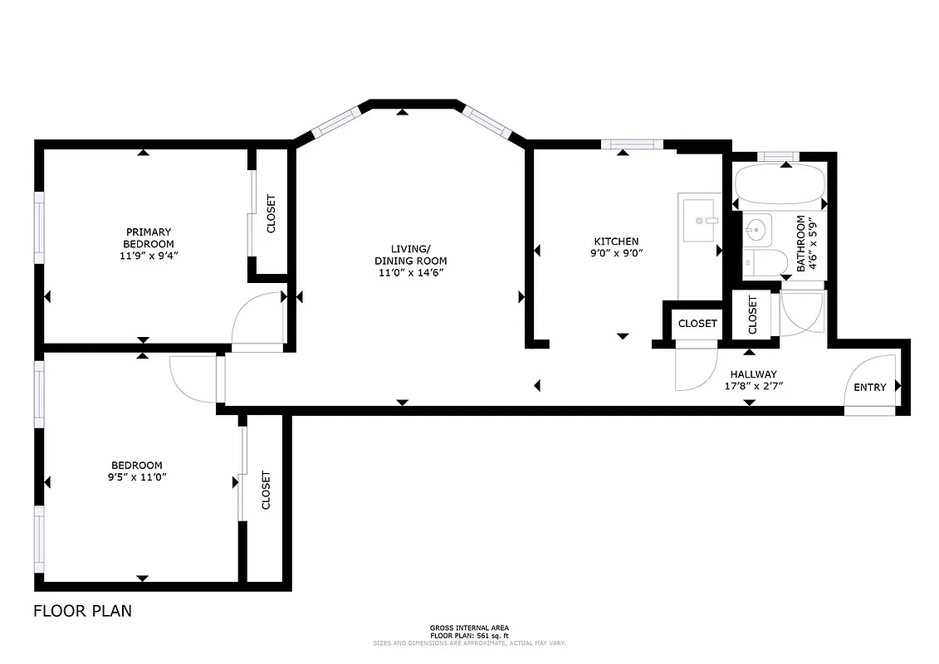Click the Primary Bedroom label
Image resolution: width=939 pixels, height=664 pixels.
pos(149,237)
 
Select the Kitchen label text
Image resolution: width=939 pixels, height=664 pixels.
pos(615,241)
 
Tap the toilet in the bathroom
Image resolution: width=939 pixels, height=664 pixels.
pos(759,263)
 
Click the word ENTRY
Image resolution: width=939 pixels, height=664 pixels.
pos(869,388)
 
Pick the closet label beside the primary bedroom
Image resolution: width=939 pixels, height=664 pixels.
pos(271,213)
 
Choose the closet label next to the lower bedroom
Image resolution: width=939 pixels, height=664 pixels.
pos(267,490)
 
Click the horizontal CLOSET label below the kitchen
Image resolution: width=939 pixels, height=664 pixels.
pos(697,324)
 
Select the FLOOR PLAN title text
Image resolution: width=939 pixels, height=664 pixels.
pos(82,612)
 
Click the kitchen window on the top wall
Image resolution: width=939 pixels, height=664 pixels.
pos(632,144)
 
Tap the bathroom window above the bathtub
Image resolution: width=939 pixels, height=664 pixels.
pos(778,156)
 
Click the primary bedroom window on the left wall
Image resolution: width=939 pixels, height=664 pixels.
pos(38,227)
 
